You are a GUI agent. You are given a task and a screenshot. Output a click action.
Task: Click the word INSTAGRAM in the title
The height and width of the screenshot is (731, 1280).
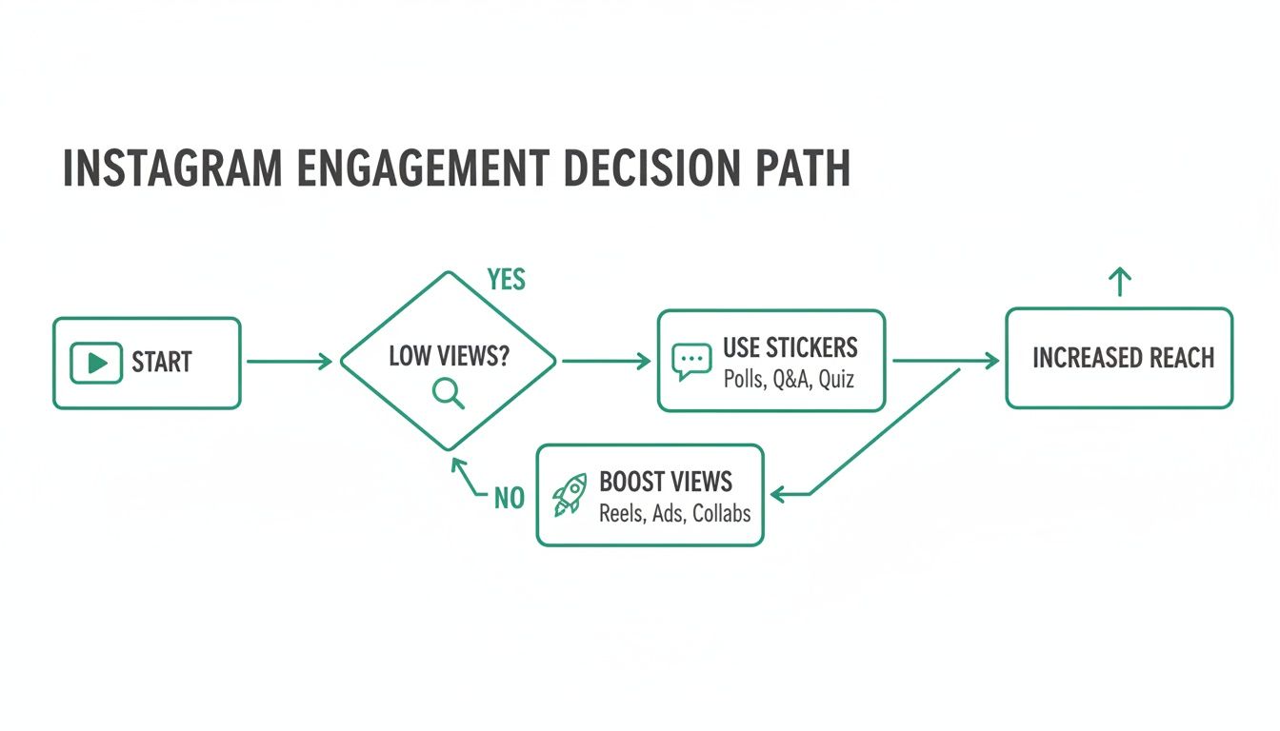pos(172,168)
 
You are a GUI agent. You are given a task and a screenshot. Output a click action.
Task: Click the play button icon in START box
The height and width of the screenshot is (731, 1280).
pos(96,363)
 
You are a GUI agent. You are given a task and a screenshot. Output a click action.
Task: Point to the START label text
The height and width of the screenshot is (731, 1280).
pos(162,363)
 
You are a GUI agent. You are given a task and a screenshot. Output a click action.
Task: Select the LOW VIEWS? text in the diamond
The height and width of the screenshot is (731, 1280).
pos(449,357)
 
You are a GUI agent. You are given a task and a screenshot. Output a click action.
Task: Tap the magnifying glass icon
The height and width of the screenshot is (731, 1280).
pos(449,392)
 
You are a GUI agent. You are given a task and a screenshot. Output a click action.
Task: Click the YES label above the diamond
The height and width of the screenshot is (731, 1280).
pos(506,281)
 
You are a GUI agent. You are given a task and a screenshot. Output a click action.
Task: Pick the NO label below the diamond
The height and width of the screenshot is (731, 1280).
pos(509,498)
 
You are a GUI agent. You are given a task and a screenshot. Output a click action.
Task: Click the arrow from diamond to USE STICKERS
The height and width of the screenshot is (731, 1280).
pos(606,362)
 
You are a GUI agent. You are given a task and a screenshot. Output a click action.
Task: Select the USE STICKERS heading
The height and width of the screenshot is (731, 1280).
pos(790,346)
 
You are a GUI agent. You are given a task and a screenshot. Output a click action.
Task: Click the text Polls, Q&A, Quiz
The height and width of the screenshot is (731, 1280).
pos(789,379)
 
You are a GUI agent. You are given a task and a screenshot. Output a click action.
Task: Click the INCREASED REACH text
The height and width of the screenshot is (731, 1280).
pos(1123,358)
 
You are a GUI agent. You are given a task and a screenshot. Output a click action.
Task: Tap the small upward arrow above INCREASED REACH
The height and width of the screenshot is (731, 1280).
pos(1120,281)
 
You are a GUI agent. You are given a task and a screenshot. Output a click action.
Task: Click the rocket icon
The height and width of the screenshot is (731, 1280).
pos(570,495)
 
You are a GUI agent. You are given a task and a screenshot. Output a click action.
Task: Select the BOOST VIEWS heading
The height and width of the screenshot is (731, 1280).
pos(666,480)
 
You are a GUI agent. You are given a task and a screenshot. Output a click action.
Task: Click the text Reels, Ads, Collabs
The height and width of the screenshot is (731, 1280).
pos(674,513)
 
